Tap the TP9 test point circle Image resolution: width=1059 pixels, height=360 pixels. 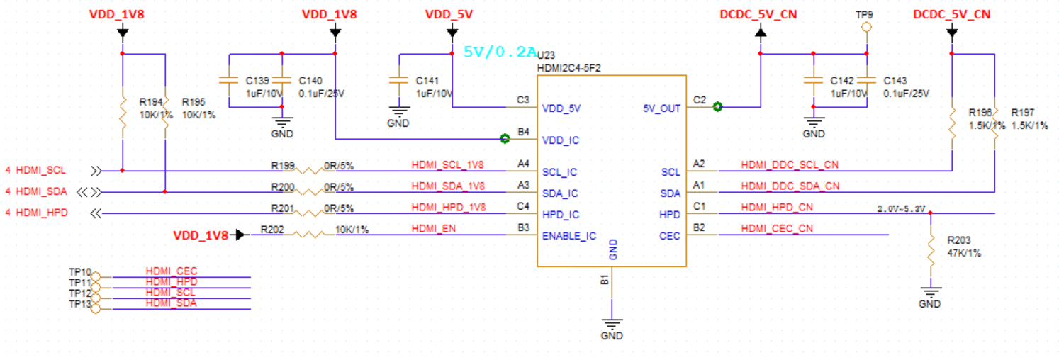point(865,28)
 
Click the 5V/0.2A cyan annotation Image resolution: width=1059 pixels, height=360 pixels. point(500,52)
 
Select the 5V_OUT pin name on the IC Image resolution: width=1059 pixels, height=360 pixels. point(661,108)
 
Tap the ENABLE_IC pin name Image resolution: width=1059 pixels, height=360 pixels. point(568,236)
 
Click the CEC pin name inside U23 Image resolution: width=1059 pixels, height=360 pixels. point(670,236)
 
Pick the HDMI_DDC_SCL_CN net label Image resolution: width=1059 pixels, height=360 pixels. point(790,164)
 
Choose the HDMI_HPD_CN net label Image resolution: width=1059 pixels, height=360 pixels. point(777,207)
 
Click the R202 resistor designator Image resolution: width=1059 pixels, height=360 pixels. point(272,229)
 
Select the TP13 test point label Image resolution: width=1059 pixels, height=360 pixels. point(79,304)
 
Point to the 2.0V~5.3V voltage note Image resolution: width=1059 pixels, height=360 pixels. point(901,209)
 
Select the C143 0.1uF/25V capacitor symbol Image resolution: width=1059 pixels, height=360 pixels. point(866,81)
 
